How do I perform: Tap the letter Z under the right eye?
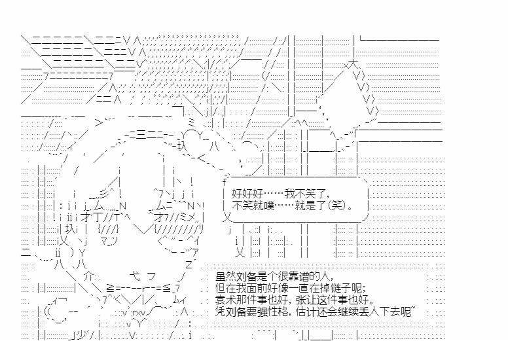(x=190, y=264)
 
